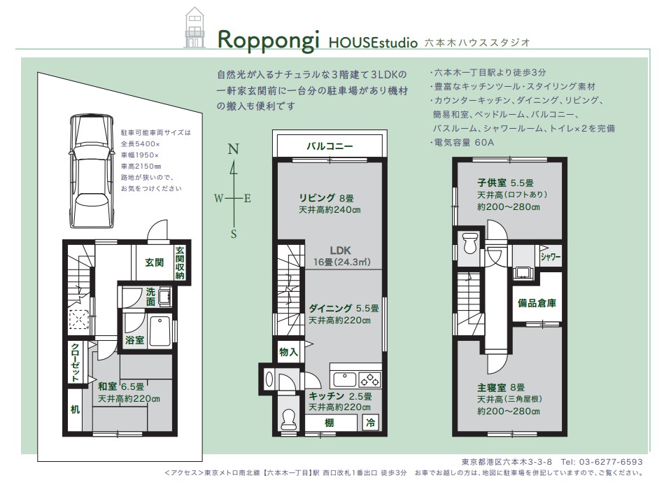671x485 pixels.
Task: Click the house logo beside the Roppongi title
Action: [x=194, y=27]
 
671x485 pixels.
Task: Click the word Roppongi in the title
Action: [x=268, y=40]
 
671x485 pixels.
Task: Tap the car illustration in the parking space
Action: [x=92, y=171]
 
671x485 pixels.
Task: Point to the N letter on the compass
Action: [x=233, y=149]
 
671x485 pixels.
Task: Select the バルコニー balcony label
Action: [x=330, y=146]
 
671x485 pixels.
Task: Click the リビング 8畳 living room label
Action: [x=326, y=198]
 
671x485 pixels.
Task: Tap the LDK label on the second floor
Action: [x=341, y=251]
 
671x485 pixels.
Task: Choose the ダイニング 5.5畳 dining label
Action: [x=344, y=308]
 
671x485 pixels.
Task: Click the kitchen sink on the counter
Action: [x=344, y=380]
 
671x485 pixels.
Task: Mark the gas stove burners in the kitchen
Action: [x=369, y=380]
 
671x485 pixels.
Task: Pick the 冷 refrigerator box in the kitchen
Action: [x=371, y=423]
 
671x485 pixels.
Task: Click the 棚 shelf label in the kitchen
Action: [x=329, y=423]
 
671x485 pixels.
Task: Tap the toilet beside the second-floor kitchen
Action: [x=289, y=419]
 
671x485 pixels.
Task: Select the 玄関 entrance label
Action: [x=155, y=262]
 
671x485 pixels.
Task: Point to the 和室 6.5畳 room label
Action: [x=121, y=386]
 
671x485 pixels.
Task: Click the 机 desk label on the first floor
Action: [x=75, y=409]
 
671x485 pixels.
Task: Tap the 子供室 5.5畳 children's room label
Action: [x=505, y=183]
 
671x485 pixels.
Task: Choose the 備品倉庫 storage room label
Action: [x=537, y=303]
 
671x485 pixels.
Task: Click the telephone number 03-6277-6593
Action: [x=611, y=462]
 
